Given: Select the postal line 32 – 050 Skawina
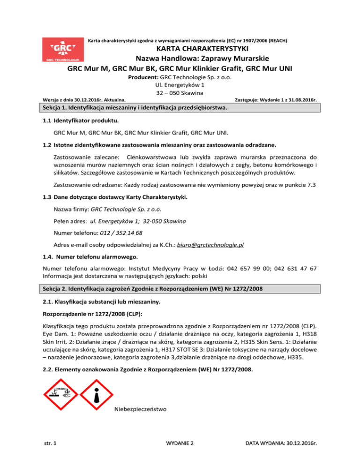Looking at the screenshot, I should [x=180, y=93].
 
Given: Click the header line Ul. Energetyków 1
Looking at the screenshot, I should [x=180, y=85].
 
